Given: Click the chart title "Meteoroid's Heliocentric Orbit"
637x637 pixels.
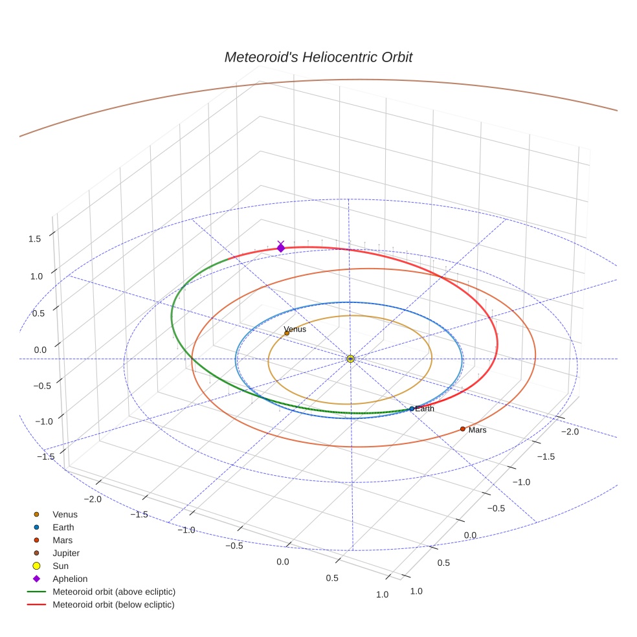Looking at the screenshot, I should [x=318, y=57].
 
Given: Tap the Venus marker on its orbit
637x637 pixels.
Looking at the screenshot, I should [x=287, y=333].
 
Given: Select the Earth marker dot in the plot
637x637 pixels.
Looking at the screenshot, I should [x=412, y=408].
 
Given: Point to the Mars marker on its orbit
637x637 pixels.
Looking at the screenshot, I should [x=462, y=429].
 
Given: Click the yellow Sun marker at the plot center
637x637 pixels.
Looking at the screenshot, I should [x=350, y=359].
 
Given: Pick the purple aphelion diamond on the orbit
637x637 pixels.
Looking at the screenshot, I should [x=280, y=248].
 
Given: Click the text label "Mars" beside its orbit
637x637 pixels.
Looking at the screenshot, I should [x=477, y=430].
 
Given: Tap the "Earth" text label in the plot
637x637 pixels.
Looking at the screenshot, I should [x=425, y=408].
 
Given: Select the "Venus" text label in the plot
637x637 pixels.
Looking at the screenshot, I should [x=295, y=329].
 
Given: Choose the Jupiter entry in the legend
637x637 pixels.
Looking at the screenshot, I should [x=66, y=553].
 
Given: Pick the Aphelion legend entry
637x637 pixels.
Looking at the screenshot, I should [x=70, y=579].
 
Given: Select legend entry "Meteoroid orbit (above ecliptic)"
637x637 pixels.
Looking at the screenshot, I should [x=114, y=592].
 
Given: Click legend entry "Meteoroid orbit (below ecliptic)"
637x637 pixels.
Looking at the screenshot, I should [x=113, y=605].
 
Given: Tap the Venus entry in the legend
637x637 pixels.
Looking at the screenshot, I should [x=65, y=514].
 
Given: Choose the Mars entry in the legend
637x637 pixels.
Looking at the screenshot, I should [x=63, y=540].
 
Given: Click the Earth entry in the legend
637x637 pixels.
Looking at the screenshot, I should [x=63, y=527].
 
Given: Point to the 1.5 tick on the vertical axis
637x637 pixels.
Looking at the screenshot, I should [x=34, y=239].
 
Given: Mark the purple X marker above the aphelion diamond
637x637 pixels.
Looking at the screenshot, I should [x=280, y=243].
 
